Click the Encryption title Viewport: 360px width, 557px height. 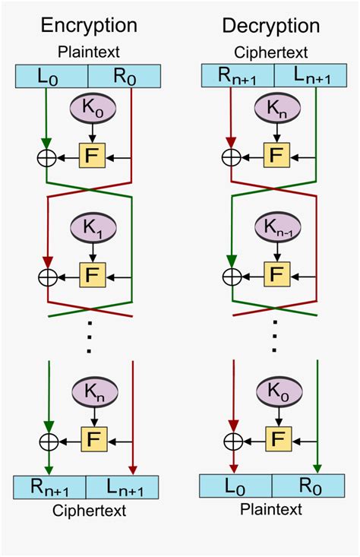click(89, 25)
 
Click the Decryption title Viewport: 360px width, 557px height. click(271, 25)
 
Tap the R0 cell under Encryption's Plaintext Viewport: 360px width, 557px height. click(125, 77)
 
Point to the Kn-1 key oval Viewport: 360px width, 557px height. click(276, 226)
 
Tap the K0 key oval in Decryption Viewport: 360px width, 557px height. click(276, 393)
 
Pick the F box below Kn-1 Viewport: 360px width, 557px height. click(276, 274)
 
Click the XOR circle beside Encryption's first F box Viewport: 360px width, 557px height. click(48, 157)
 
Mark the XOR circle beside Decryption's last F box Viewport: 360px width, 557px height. click(232, 441)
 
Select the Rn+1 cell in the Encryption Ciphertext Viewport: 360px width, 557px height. click(50, 487)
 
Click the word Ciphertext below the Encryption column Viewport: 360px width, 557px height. click(89, 510)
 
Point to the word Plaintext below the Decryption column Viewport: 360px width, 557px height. click(271, 508)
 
